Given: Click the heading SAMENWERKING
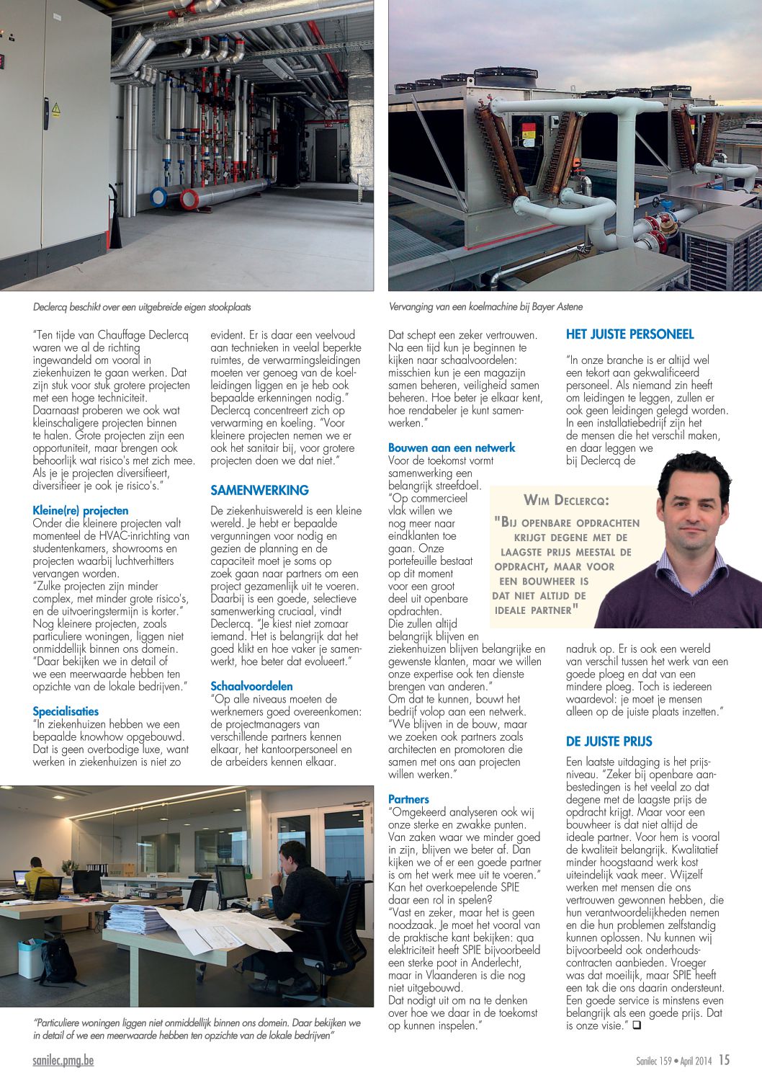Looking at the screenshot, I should coord(259,491).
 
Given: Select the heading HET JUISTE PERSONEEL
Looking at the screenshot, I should coord(629,334).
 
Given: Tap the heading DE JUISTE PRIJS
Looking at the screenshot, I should coord(609,741).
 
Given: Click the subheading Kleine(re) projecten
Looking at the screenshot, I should coord(81,511).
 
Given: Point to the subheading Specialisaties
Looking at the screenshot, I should coord(66,711).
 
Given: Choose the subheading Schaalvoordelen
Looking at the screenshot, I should coord(251,686).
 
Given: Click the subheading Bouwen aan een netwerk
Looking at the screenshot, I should coord(452,447).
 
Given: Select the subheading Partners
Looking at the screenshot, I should coord(408,799).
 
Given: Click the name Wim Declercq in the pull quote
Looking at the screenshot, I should coord(566,500).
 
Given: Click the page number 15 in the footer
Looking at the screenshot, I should coord(724,1060).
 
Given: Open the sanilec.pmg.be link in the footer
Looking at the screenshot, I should coord(63,1061).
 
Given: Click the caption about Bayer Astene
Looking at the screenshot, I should coord(485,307).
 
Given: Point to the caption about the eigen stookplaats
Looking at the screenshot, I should coord(142,307).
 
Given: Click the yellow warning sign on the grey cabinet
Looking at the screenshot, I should coord(55,110).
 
